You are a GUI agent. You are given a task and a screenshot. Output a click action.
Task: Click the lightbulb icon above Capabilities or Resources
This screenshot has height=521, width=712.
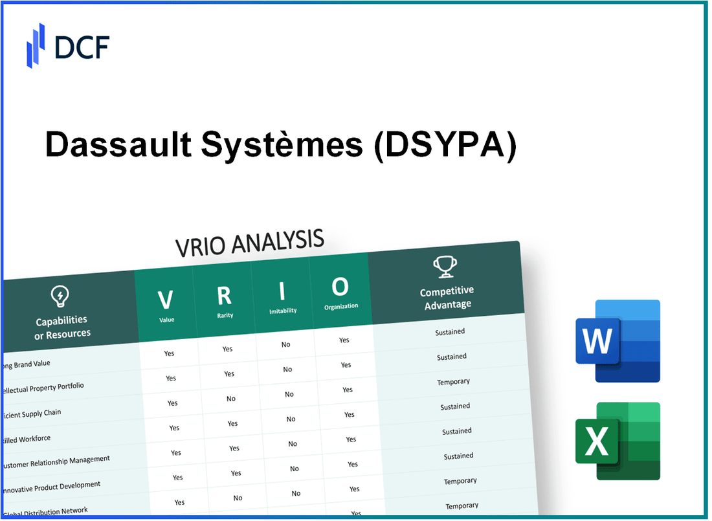click(x=59, y=296)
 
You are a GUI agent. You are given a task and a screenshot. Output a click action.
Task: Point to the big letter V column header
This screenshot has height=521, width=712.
click(x=165, y=300)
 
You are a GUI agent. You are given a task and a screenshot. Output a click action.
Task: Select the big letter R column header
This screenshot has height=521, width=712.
click(x=224, y=295)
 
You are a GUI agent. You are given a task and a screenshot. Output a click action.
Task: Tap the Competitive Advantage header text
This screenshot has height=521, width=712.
click(x=447, y=298)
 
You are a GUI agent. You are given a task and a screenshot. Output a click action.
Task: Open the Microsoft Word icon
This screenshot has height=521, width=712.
click(x=617, y=340)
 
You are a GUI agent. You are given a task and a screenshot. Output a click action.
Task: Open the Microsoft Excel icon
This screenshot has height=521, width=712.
click(x=617, y=441)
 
